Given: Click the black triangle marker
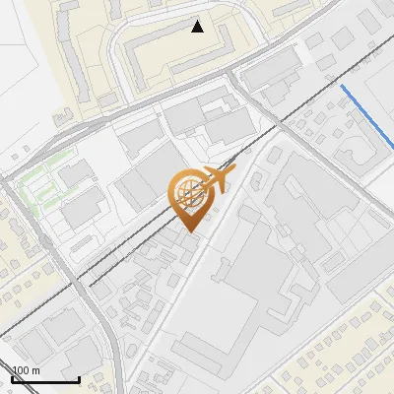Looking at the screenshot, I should pos(198,27).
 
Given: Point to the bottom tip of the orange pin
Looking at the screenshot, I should pos(188,231).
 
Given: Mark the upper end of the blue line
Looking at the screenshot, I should pos(342,87).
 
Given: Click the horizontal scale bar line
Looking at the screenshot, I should pos(45,378).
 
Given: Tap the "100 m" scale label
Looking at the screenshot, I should pos(26,370).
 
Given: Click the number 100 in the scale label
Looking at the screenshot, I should pos(22,370).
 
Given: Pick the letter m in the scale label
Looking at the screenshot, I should pos(35,370).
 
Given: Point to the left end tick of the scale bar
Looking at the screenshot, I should pos(12,376).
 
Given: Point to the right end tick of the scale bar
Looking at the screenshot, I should pos(79,376).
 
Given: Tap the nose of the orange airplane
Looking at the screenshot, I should pos(232,172).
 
